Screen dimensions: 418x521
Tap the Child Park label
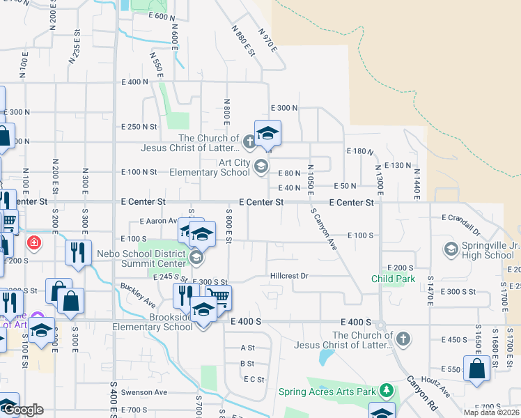point(393,279)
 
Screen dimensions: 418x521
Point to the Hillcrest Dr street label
point(289,276)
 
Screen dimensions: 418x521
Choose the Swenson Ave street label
point(145,392)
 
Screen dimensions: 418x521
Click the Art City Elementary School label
point(224,167)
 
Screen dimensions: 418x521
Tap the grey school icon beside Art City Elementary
point(261,166)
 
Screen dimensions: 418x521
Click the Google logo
point(22,410)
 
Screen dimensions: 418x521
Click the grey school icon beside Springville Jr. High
point(451,249)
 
